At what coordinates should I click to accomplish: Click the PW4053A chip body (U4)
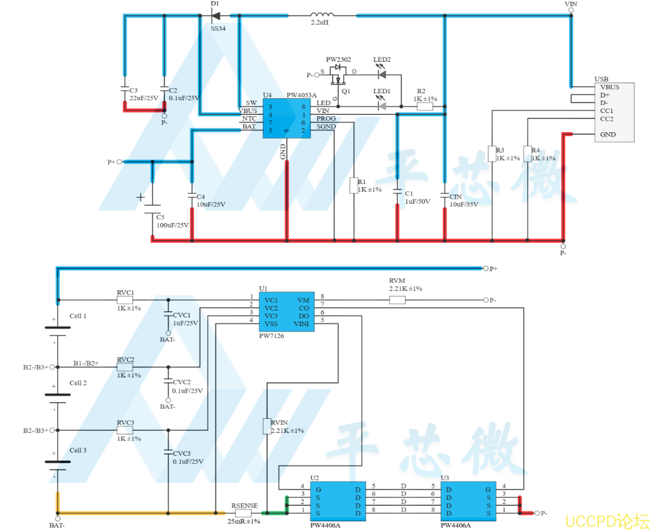pyautogui.click(x=286, y=119)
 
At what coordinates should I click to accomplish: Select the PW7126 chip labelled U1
pyautogui.click(x=286, y=311)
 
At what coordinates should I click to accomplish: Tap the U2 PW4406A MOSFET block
pyautogui.click(x=338, y=501)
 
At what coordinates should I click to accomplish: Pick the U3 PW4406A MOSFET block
pyautogui.click(x=468, y=501)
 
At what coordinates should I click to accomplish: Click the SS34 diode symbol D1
pyautogui.click(x=215, y=16)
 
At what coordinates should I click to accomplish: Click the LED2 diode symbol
pyautogui.click(x=382, y=75)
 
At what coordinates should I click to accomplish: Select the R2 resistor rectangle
pyautogui.click(x=425, y=106)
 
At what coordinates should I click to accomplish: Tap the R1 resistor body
pyautogui.click(x=354, y=186)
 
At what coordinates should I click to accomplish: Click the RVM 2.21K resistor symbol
pyautogui.click(x=397, y=300)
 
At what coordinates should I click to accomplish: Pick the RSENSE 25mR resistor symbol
pyautogui.click(x=243, y=513)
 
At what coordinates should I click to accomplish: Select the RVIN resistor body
pyautogui.click(x=267, y=426)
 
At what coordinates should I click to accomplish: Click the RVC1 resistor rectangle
pyautogui.click(x=125, y=300)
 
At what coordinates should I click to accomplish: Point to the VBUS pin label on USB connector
pyautogui.click(x=609, y=87)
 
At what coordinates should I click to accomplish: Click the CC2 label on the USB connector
pyautogui.click(x=606, y=119)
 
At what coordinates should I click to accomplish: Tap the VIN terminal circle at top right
pyautogui.click(x=571, y=10)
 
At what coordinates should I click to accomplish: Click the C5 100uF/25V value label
pyautogui.click(x=172, y=225)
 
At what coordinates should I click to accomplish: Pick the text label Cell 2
pyautogui.click(x=78, y=383)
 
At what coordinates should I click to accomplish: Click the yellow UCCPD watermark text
pyautogui.click(x=607, y=521)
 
